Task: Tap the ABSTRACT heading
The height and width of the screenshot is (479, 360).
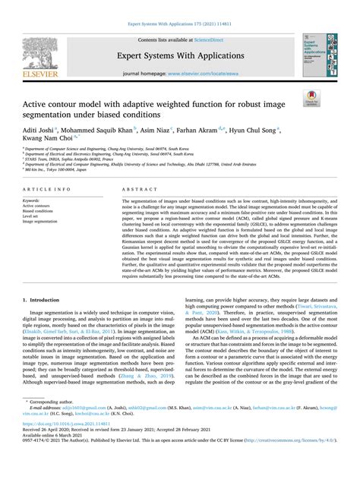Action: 135,188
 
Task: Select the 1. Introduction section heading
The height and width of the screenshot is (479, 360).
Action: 46,322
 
